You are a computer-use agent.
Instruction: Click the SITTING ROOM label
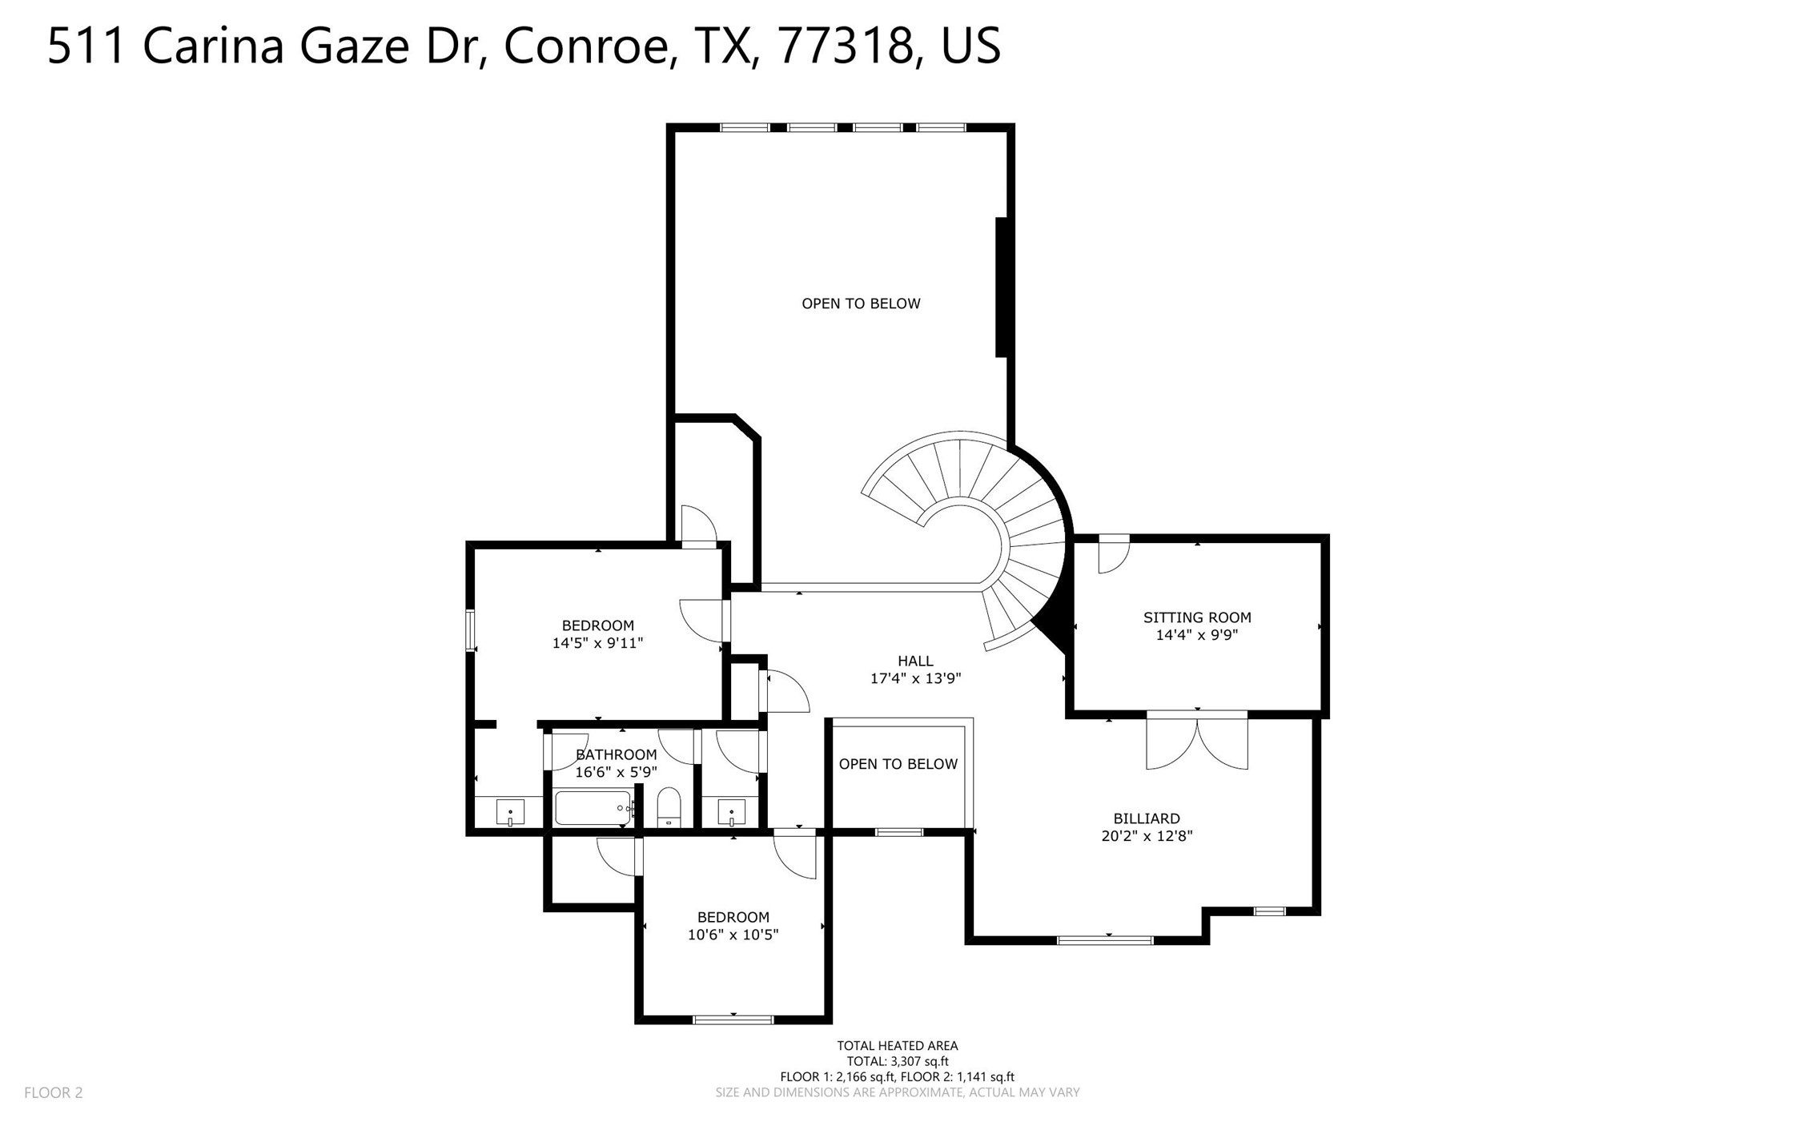tap(1196, 617)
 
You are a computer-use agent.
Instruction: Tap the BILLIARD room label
tap(1146, 818)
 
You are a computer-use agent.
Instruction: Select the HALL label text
tap(914, 661)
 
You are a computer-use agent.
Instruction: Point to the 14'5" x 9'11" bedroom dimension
tap(597, 643)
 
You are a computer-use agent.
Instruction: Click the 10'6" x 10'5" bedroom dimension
tap(733, 935)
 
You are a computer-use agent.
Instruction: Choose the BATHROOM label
tap(616, 754)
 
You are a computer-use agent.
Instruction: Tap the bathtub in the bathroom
tap(593, 808)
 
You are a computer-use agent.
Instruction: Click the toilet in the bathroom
tap(669, 807)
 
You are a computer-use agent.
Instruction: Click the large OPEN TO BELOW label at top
tap(861, 304)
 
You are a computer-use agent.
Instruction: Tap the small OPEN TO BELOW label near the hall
tap(898, 764)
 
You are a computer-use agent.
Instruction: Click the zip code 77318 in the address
tap(846, 46)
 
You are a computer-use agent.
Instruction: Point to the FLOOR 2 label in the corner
tap(53, 1092)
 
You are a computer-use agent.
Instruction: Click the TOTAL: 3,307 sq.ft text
tap(897, 1061)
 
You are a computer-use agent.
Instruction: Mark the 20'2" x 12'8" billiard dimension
tap(1147, 836)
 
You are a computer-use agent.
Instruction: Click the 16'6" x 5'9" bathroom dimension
tap(616, 772)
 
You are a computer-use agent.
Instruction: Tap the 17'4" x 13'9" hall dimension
tap(915, 678)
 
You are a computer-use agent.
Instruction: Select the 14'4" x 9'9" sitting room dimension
tap(1196, 635)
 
